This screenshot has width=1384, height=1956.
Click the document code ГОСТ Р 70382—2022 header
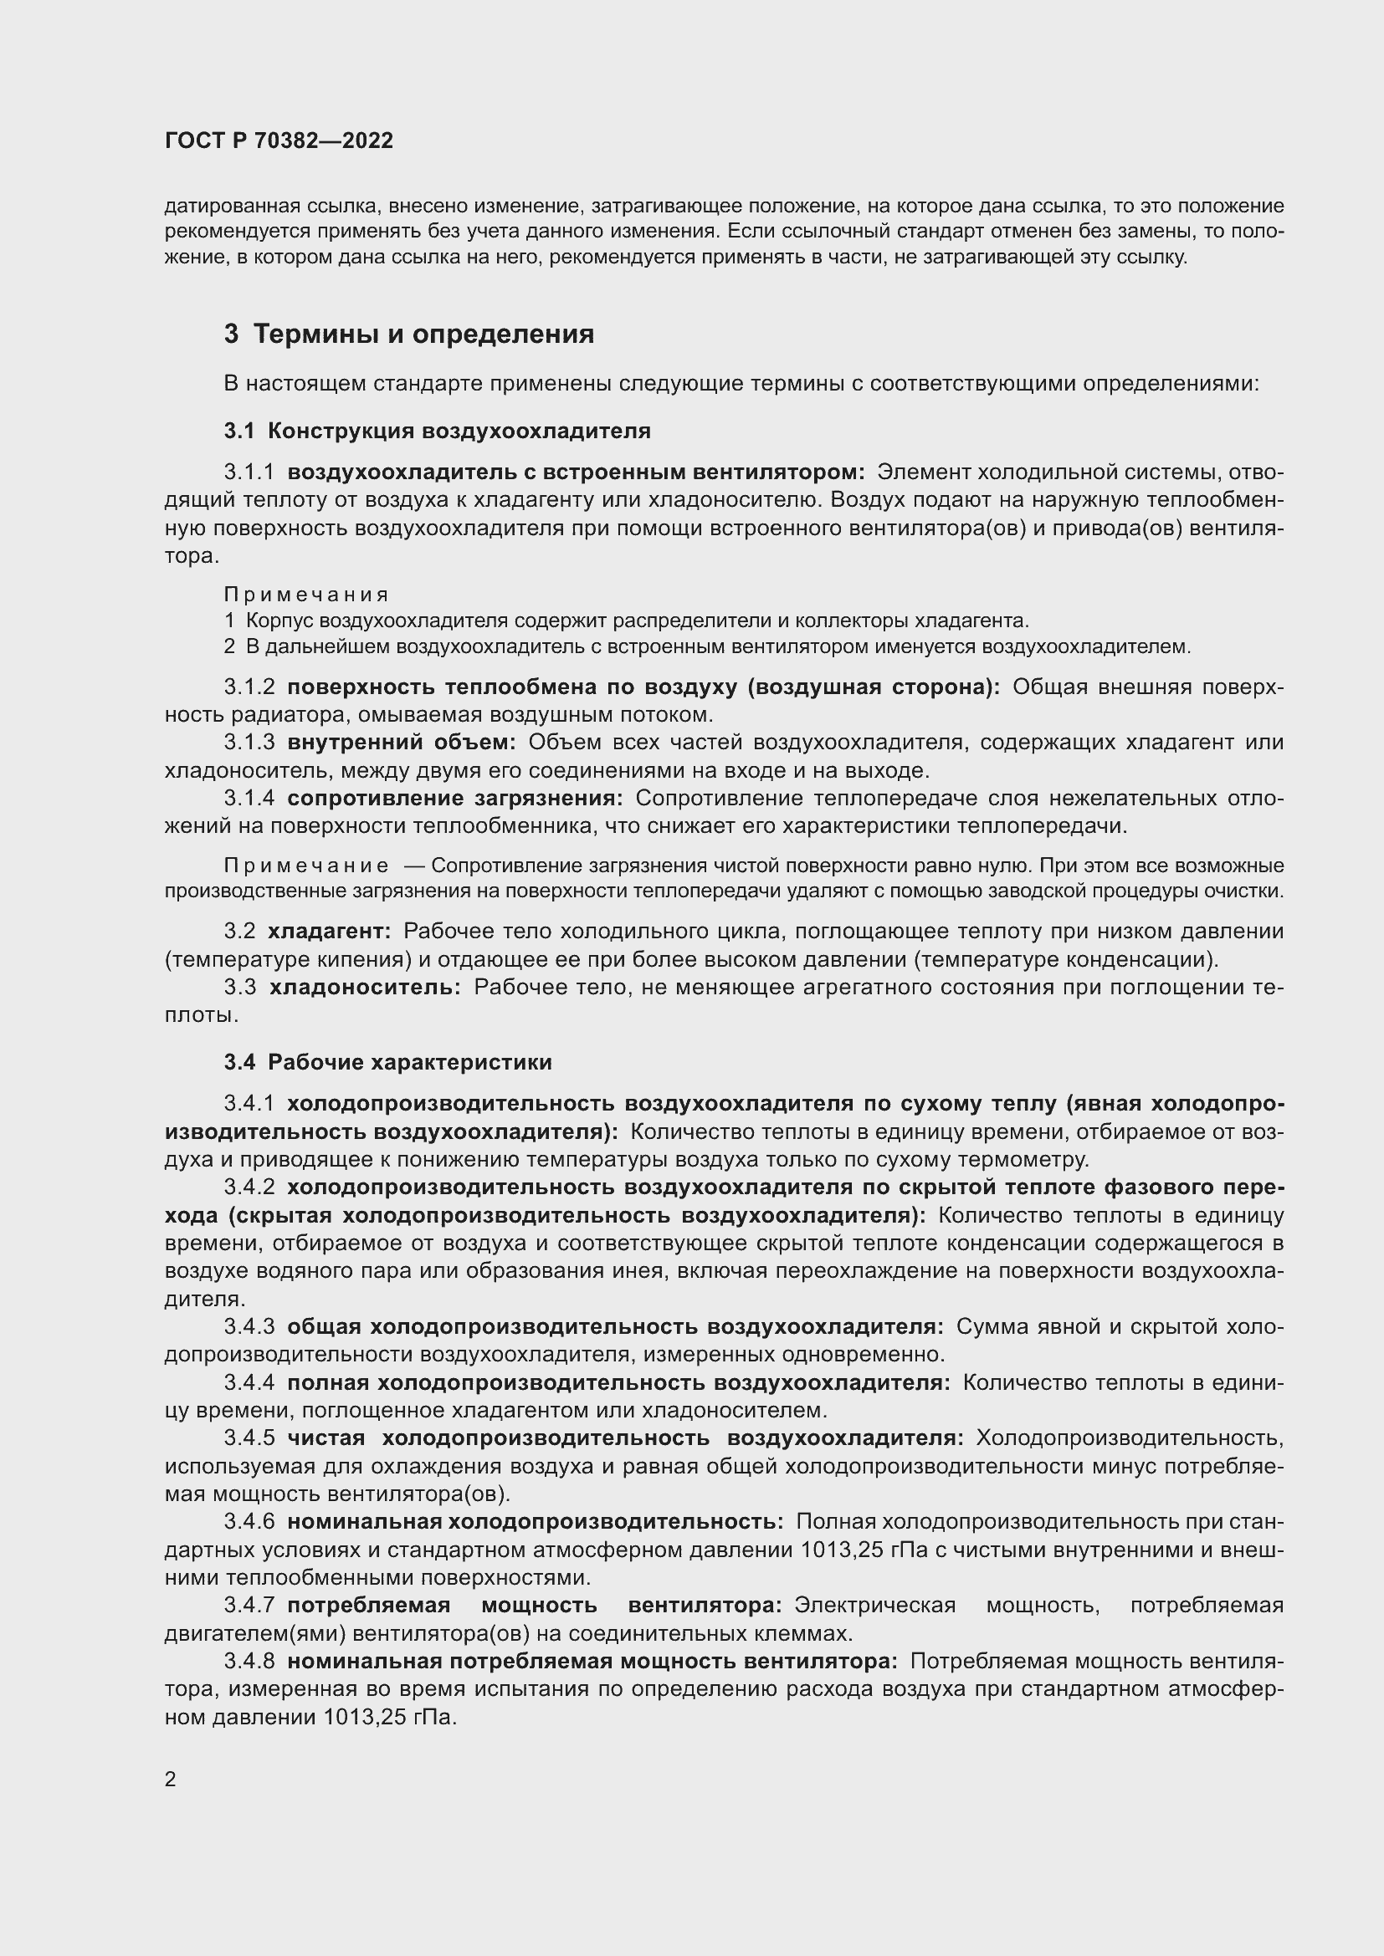coord(279,141)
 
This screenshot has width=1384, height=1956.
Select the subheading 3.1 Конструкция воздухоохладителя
coord(437,431)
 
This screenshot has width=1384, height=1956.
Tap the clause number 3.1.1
coord(249,472)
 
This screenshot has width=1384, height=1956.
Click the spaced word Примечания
coord(306,594)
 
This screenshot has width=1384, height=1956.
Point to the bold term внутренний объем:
coord(402,742)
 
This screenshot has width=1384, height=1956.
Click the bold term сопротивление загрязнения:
coord(455,799)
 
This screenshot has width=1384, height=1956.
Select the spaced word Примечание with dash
coord(306,866)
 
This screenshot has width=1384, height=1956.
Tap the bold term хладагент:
coord(329,931)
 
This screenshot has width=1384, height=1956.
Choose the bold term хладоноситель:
coord(365,988)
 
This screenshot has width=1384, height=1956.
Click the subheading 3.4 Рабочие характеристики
coord(387,1062)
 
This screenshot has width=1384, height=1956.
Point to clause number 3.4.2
coord(249,1187)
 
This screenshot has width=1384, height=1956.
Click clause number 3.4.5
coord(249,1438)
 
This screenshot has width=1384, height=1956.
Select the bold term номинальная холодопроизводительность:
coord(536,1521)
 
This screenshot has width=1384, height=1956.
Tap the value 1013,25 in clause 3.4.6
coord(839,1550)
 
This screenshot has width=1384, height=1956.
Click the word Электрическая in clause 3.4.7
coord(874,1606)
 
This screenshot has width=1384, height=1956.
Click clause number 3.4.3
coord(249,1326)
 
